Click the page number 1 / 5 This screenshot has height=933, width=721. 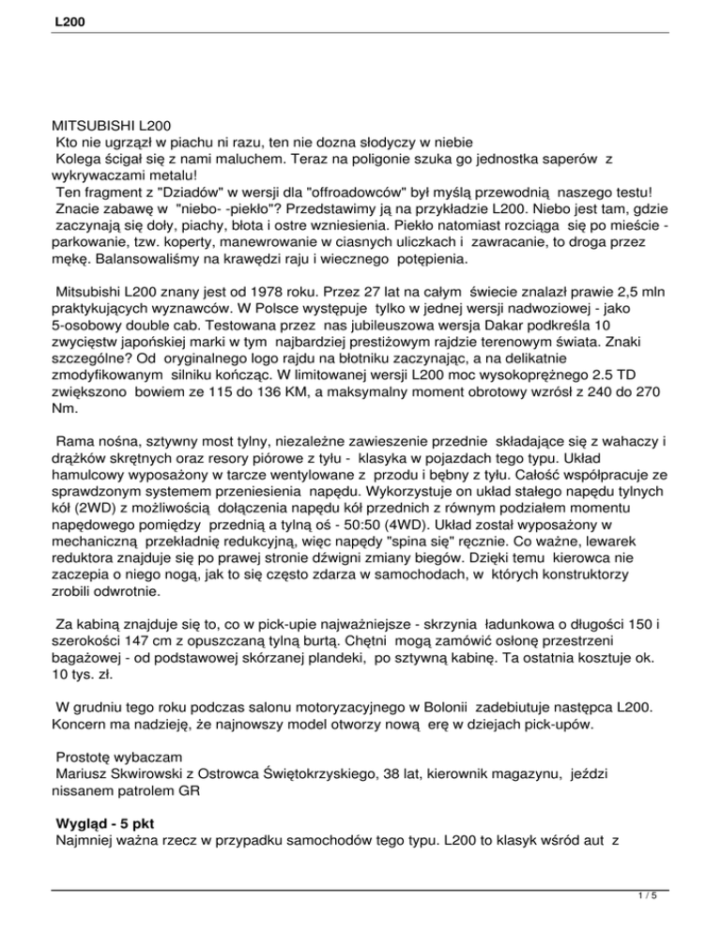692,922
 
